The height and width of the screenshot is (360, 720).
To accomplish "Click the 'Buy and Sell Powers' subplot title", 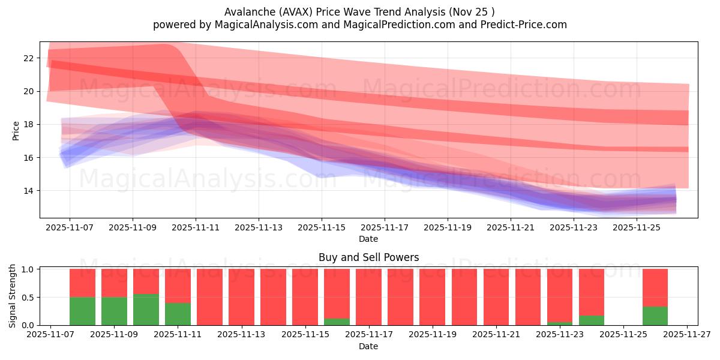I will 368,257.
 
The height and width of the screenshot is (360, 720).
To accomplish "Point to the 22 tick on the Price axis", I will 28,58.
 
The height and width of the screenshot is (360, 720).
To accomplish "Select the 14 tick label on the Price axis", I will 28,191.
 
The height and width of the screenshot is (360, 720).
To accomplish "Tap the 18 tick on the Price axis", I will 28,125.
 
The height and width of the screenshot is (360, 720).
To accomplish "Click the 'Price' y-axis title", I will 16,130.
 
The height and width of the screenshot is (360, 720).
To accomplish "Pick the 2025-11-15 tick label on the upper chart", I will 322,228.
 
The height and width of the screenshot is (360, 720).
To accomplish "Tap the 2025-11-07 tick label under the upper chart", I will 70,228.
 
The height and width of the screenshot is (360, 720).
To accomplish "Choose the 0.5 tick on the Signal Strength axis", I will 28,298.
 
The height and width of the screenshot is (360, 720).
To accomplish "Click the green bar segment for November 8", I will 82,311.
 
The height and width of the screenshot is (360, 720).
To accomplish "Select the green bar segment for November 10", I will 146,310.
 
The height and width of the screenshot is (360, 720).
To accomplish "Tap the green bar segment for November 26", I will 655,316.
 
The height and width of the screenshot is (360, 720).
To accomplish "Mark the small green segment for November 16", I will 337,322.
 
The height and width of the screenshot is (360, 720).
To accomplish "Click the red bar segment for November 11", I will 178,286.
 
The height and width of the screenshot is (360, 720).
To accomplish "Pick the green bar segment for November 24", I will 592,320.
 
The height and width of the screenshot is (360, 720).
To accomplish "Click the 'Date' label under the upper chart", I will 368,239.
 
